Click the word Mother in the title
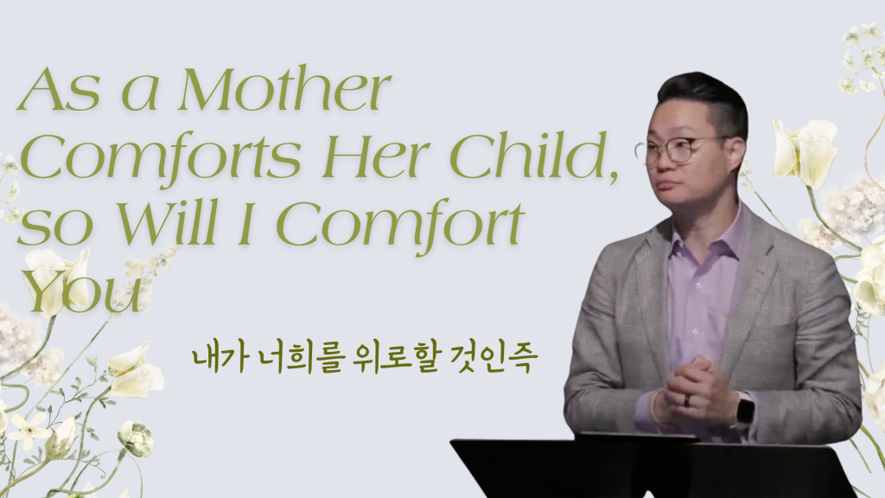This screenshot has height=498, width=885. coord(283,89)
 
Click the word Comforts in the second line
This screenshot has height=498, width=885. coord(160,156)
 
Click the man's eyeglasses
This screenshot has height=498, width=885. coord(678,150)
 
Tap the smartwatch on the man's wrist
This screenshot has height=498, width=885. coord(744,410)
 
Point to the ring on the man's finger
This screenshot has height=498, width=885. coord(687,400)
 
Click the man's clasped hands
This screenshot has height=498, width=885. coord(698,392)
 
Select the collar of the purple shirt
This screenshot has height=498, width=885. coord(705,237)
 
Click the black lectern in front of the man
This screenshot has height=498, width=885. coord(649,466)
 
